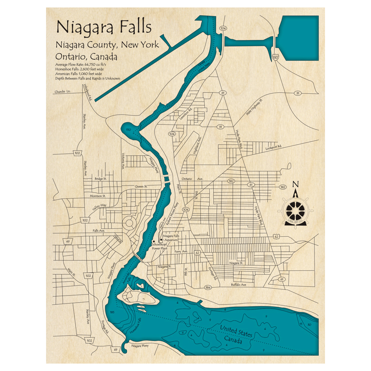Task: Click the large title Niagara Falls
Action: pyautogui.click(x=104, y=27)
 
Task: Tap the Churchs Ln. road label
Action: pyautogui.click(x=62, y=92)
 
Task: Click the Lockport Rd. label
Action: pyautogui.click(x=274, y=147)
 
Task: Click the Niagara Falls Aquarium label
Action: pyautogui.click(x=171, y=238)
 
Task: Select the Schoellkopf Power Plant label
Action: pyautogui.click(x=160, y=247)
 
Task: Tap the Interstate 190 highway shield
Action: pyautogui.click(x=275, y=58)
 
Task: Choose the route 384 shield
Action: pyautogui.click(x=208, y=288)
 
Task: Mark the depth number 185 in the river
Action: pyautogui.click(x=112, y=313)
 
